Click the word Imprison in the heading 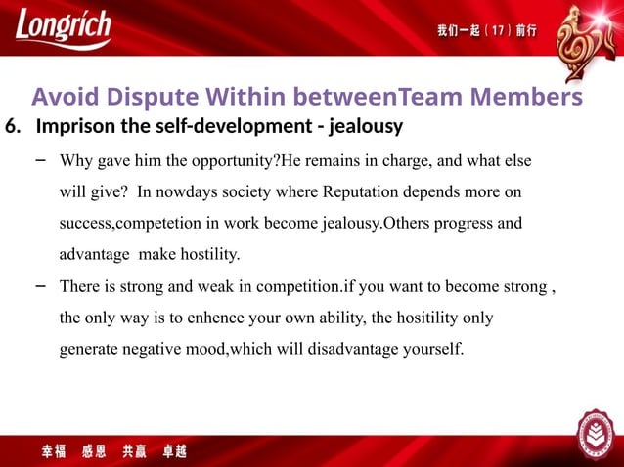[x=70, y=128]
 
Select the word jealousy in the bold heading [x=366, y=128]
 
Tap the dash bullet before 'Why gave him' [x=40, y=158]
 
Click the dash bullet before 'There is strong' [x=40, y=285]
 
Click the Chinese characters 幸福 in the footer [x=55, y=452]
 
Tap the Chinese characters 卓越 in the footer [x=174, y=452]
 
